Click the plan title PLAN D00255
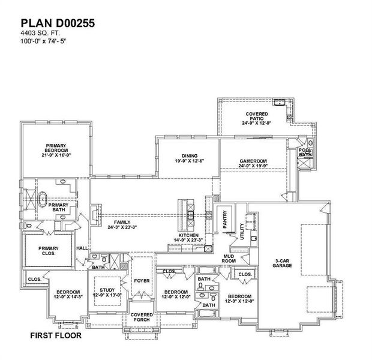tap(58, 22)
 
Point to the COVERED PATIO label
tap(257, 117)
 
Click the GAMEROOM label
tap(253, 164)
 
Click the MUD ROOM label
tap(229, 258)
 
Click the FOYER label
tap(142, 280)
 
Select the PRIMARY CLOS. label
tap(48, 251)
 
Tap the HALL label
tap(82, 248)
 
